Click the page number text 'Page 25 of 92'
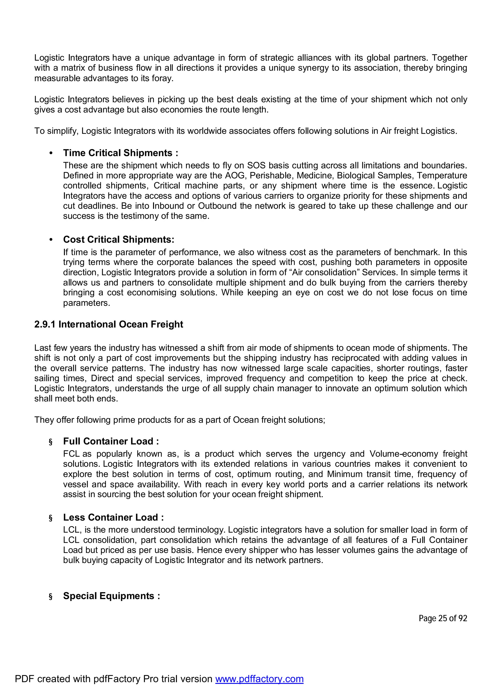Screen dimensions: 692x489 [443, 618]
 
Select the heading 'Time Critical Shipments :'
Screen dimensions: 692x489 [121, 153]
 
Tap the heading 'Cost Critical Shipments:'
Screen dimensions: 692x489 [119, 239]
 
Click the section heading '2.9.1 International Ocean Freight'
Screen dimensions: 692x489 [108, 324]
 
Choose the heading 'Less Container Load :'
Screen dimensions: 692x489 [113, 517]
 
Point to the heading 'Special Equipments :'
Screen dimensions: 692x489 [112, 596]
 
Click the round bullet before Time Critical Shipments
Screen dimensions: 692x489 [51, 153]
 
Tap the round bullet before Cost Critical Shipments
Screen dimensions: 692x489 [51, 240]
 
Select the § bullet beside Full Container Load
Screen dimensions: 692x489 [51, 442]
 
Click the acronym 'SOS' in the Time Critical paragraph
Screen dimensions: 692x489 [256, 165]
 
